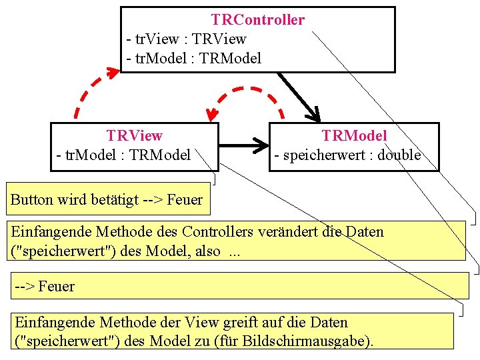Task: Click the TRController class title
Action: [x=257, y=20]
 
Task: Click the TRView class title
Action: [x=134, y=136]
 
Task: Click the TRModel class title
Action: [x=354, y=136]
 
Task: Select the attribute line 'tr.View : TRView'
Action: [x=186, y=39]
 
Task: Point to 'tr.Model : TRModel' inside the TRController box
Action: [x=193, y=59]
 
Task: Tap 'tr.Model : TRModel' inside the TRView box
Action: [x=123, y=155]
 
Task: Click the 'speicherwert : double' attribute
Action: [x=347, y=155]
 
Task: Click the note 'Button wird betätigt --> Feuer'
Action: [x=107, y=199]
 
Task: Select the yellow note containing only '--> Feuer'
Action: [x=240, y=286]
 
